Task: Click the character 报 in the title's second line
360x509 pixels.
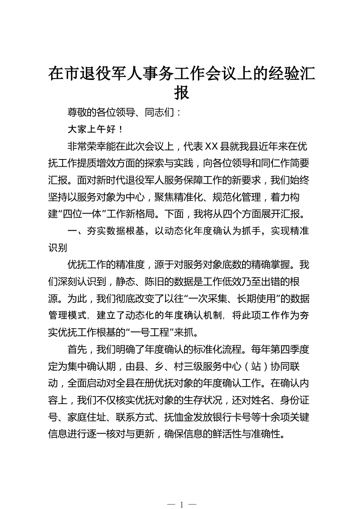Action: [182, 92]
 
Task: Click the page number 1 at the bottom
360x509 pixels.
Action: [182, 504]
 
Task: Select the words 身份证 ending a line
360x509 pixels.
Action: [295, 400]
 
